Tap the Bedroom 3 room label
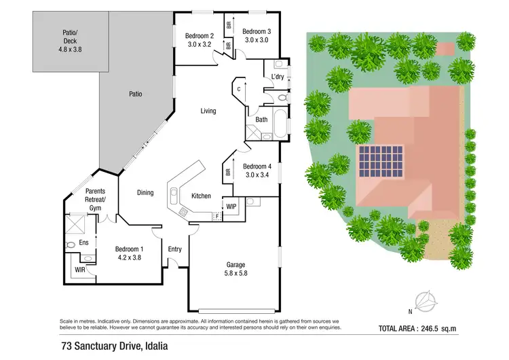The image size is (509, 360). click(257, 31)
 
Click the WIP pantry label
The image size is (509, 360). click(231, 206)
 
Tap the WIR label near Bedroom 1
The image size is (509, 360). click(80, 270)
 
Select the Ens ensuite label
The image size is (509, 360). click(84, 242)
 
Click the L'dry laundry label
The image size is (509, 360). click(278, 77)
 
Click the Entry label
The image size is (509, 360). click(175, 249)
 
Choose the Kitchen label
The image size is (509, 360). click(202, 196)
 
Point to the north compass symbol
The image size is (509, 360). click(426, 299)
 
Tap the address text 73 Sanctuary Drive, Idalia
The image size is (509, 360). click(112, 346)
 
